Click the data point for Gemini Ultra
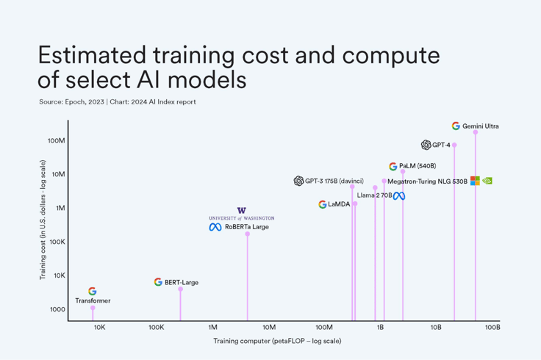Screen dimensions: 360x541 476,132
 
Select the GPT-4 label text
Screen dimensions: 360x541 441,145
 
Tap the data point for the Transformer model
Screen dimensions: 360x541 93,308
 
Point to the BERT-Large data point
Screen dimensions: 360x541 181,289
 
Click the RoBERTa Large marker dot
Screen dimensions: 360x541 248,234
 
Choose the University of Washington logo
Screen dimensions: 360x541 241,214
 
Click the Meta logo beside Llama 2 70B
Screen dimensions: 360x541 399,196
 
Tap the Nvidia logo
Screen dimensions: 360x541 487,181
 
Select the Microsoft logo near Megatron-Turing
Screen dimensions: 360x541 475,181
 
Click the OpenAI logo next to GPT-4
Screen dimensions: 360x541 426,145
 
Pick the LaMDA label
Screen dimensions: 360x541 339,204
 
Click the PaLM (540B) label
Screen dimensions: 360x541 418,167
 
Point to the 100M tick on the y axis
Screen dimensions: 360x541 57,140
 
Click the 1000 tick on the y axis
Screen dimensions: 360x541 57,309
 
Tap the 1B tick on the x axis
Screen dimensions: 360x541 380,328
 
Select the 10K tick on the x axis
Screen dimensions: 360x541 99,328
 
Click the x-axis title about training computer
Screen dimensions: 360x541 277,341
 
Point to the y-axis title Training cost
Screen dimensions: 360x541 42,220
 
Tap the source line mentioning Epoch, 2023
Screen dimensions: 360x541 118,102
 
